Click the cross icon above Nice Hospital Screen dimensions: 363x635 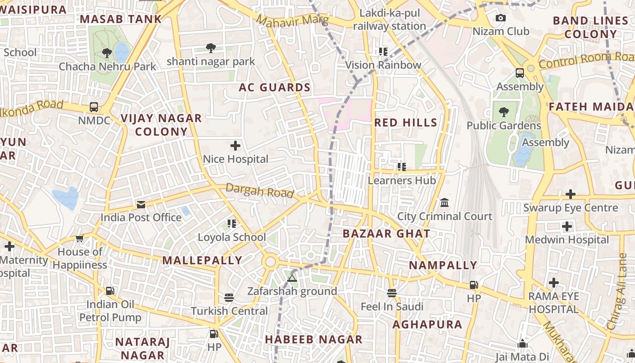point(235,146)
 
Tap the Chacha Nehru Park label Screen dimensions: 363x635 point(107,67)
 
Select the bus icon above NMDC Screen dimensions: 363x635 point(94,107)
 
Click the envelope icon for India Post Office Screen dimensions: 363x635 point(141,205)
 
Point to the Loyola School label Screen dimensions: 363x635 point(232,237)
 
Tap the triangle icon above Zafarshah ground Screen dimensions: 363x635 point(292,277)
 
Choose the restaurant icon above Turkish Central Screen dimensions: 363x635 point(229,298)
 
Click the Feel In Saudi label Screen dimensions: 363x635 point(392,307)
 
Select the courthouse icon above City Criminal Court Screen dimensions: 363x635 point(444,202)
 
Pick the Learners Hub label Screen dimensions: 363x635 point(401,181)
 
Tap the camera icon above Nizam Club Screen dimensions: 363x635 point(501,18)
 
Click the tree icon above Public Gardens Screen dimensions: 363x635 point(503,112)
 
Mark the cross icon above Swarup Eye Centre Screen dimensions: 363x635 point(571,195)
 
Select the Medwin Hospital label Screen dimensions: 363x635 point(567,240)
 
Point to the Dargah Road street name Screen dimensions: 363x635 point(259,191)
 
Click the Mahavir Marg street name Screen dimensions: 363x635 point(292,21)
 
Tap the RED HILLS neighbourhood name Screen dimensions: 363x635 point(405,123)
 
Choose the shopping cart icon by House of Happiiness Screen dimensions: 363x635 point(80,238)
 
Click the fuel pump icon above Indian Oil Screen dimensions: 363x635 point(110,290)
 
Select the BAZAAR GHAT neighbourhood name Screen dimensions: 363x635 point(386,234)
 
